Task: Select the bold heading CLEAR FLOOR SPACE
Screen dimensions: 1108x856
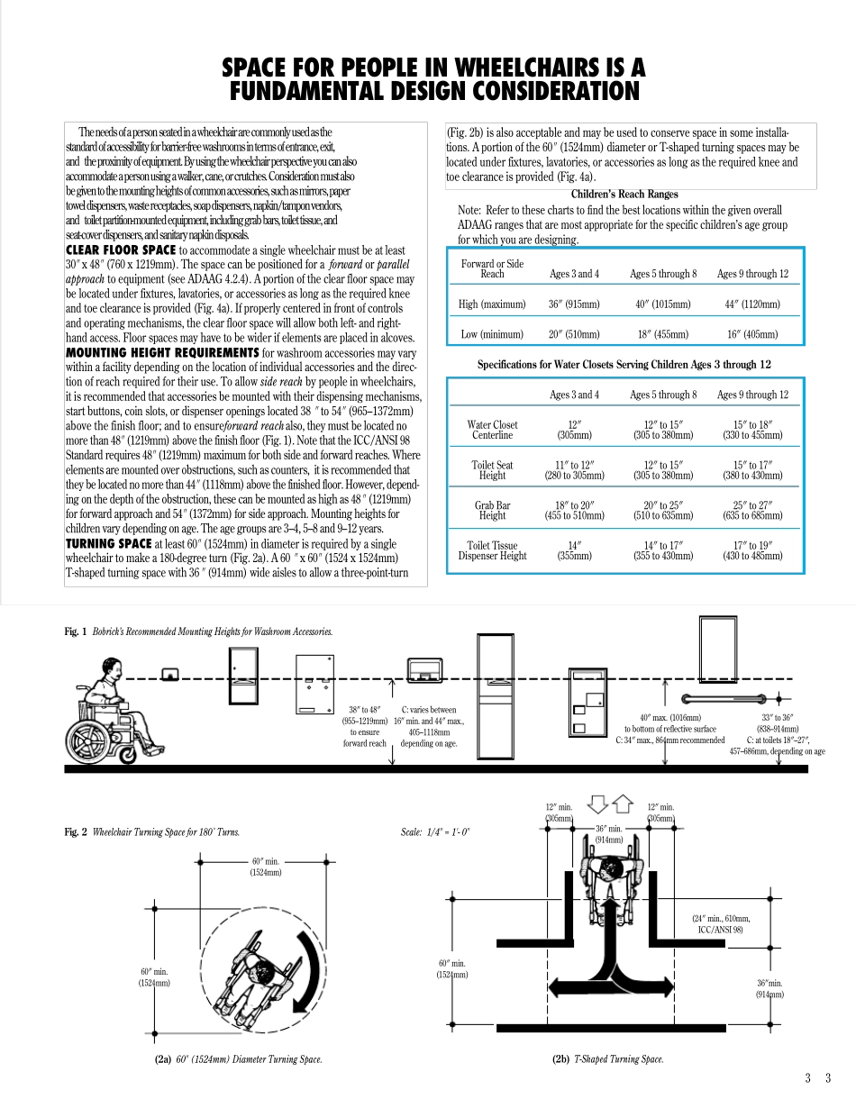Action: (x=121, y=250)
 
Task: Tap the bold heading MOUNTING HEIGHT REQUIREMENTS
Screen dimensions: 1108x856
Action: (x=162, y=352)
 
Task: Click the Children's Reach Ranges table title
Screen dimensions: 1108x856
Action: (x=624, y=194)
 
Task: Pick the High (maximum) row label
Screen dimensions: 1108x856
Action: (x=492, y=304)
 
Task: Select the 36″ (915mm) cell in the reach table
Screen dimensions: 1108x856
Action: (x=574, y=304)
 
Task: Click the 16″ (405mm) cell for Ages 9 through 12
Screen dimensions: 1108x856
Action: (x=751, y=334)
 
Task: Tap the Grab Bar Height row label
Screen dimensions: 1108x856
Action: (x=492, y=511)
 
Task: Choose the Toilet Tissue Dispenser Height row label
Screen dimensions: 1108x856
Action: (x=492, y=550)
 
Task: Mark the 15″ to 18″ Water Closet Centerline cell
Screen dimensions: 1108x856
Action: (x=751, y=430)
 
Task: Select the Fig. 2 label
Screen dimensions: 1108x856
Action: (x=76, y=832)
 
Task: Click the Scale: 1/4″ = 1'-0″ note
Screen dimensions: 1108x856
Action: (x=435, y=832)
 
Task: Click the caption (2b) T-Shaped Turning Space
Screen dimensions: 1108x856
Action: (x=607, y=1059)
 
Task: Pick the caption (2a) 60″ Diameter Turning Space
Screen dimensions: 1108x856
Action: (x=238, y=1059)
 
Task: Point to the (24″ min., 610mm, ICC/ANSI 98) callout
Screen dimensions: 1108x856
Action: (x=720, y=923)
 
